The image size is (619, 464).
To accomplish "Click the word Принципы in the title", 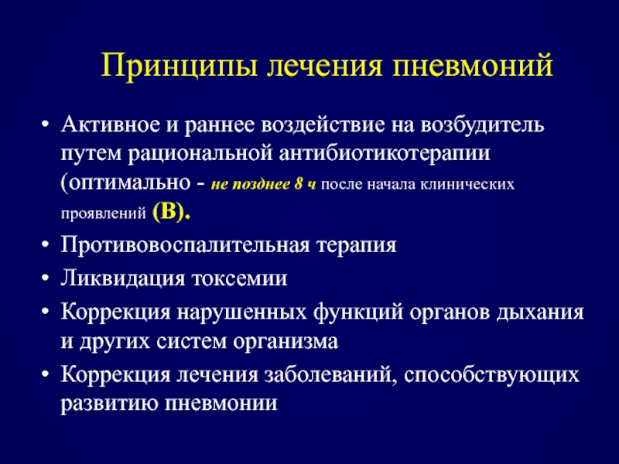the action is [x=180, y=66].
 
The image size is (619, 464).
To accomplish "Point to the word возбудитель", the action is [x=482, y=125].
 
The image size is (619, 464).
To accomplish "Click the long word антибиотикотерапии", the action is [x=385, y=154].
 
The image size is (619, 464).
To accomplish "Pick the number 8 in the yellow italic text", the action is [x=299, y=184].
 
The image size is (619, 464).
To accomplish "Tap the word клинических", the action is [x=467, y=185].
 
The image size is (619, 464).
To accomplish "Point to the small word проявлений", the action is [x=104, y=214].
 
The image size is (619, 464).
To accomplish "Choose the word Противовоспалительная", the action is [x=185, y=245].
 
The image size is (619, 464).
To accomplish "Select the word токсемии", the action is [x=240, y=278].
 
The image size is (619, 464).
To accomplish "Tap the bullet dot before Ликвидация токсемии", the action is [x=46, y=278].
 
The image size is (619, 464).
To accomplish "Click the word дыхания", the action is [x=539, y=312].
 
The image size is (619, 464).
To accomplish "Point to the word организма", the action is [x=286, y=342].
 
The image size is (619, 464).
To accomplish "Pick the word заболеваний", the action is [x=330, y=374].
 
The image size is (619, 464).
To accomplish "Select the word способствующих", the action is [x=491, y=375].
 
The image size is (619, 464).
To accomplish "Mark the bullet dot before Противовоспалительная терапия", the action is [x=46, y=245].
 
